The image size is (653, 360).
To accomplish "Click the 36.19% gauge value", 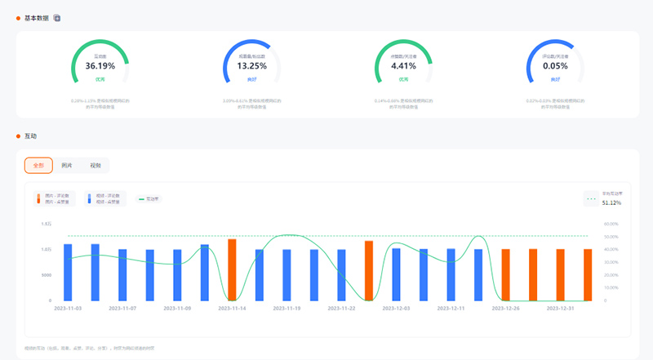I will point(100,65).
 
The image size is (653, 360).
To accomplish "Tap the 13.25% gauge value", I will point(251,65).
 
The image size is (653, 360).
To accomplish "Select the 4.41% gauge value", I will point(403,65).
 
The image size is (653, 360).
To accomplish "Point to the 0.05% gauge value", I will point(555,65).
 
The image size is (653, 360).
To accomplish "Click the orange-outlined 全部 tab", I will point(38,166).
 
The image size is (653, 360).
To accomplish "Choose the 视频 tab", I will point(96,166).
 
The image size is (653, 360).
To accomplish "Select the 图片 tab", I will point(67,166).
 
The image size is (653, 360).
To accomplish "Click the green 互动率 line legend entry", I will point(148,199).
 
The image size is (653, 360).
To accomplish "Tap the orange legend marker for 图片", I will point(38,199).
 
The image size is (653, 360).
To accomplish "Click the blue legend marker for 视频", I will point(89,199).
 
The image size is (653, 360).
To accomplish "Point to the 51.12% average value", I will point(611,202).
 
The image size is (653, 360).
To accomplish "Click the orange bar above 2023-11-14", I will point(232,269).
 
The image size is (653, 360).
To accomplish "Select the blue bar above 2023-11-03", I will point(68,272).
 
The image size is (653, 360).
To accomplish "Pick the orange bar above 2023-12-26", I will point(505,274).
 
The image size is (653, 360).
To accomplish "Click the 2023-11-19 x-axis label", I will point(287,309).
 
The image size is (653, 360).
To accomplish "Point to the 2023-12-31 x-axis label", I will point(560,309).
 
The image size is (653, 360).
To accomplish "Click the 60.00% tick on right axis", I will point(611,223).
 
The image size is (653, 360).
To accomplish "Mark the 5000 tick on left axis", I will point(47,275).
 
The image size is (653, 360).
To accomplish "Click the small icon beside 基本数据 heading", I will point(57,17).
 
